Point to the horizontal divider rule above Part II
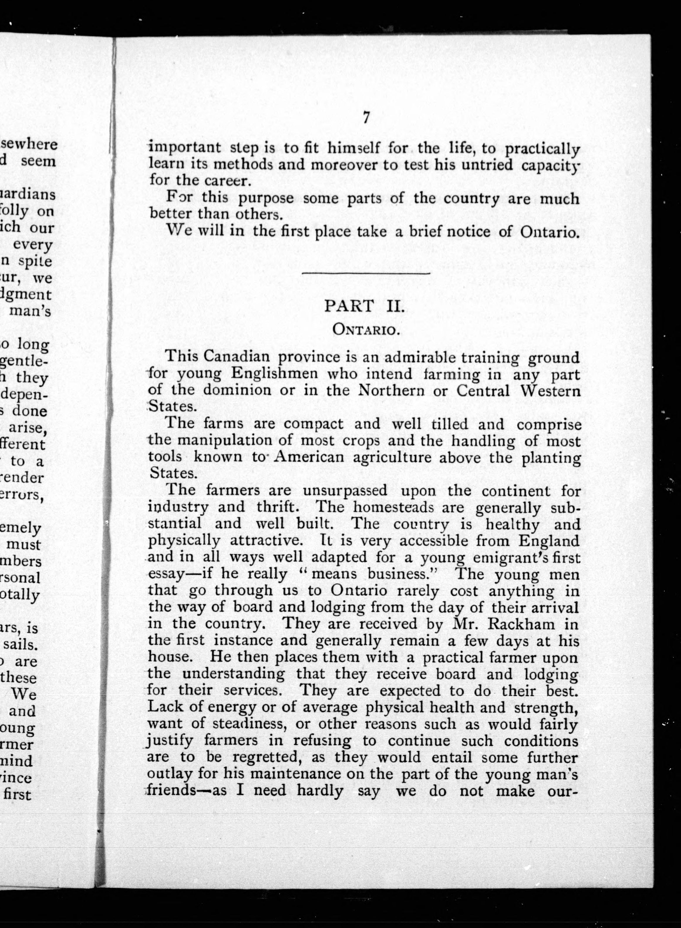(x=366, y=273)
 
